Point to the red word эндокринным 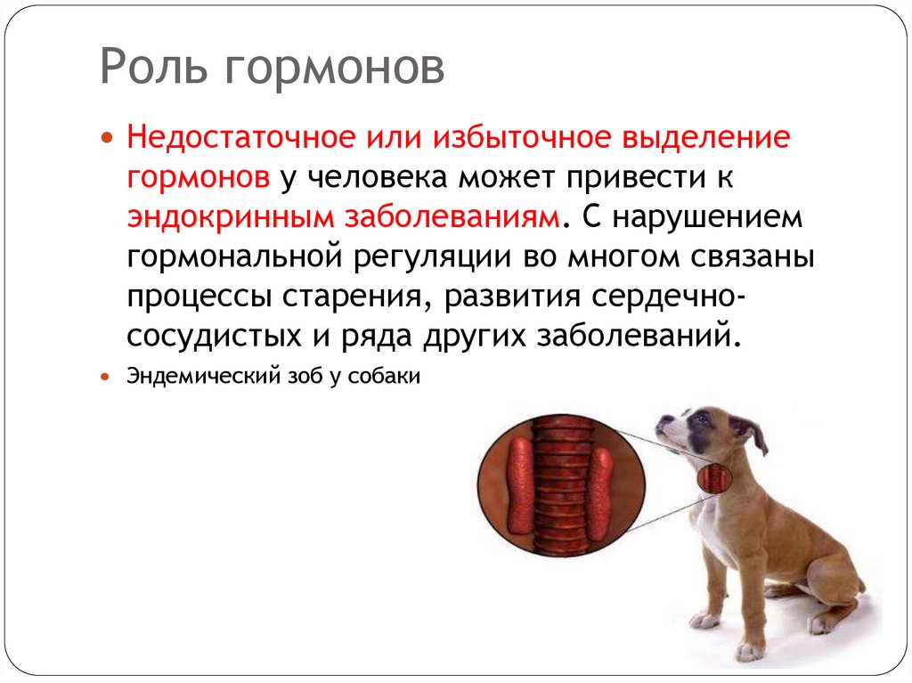coord(227,216)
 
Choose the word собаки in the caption coord(387,377)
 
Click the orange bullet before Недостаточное coord(108,141)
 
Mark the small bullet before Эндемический coord(108,377)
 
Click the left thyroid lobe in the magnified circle coord(517,484)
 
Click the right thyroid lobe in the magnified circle coord(601,488)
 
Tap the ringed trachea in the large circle coord(559,485)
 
